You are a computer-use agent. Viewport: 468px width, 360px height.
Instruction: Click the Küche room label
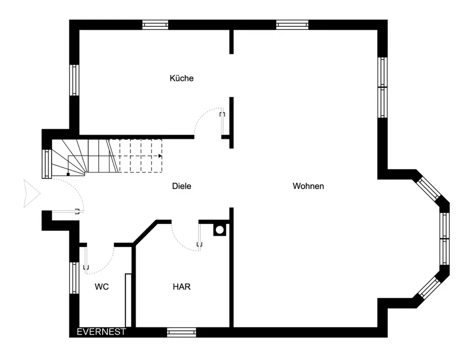182,78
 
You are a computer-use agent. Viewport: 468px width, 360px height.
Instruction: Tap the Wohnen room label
308,186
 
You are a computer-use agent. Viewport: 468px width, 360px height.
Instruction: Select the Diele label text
182,186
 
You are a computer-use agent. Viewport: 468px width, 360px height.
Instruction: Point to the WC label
102,287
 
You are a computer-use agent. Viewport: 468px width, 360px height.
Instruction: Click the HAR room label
182,287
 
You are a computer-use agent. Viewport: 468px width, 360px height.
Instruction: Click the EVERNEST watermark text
101,331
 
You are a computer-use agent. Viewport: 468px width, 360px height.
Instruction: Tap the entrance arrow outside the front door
32,194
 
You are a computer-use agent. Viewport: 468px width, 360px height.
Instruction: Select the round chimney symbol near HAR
219,230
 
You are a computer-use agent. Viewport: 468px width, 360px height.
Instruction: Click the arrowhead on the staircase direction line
160,156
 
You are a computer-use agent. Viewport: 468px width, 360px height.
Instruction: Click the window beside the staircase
47,164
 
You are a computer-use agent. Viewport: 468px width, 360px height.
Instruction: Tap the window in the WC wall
74,278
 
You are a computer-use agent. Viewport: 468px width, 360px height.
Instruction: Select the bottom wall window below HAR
182,332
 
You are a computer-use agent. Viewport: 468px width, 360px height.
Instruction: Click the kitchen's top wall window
155,25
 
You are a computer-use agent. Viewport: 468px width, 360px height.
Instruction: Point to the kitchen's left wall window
74,81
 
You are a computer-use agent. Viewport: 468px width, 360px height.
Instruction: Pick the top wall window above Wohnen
292,25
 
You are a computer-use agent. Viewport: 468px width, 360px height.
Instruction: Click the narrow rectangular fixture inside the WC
128,300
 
